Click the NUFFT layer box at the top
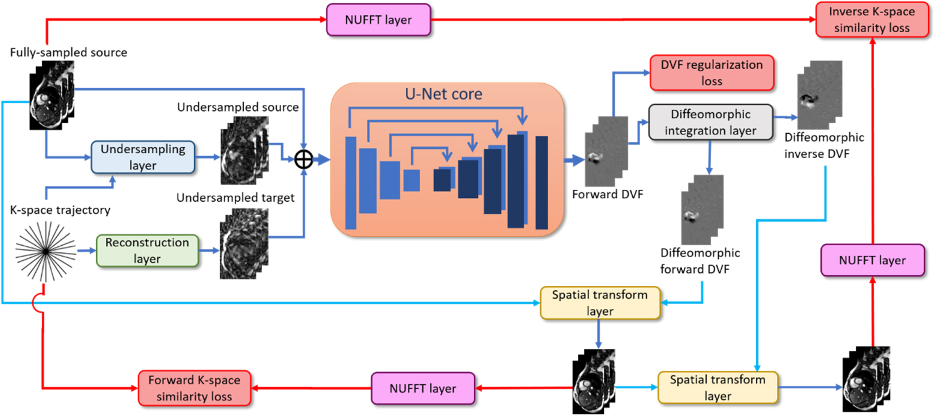pyautogui.click(x=378, y=20)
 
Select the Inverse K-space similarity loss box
pyautogui.click(x=871, y=20)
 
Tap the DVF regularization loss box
pyautogui.click(x=711, y=73)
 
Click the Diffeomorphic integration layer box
pyautogui.click(x=710, y=122)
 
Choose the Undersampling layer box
pyautogui.click(x=143, y=157)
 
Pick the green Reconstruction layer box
pyautogui.click(x=147, y=251)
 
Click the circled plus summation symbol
pyautogui.click(x=303, y=159)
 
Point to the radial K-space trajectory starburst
pyautogui.click(x=46, y=251)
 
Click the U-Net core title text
pyautogui.click(x=443, y=94)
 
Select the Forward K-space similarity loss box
pyautogui.click(x=194, y=388)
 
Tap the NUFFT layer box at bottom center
pyautogui.click(x=422, y=388)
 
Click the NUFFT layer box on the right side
pyautogui.click(x=872, y=260)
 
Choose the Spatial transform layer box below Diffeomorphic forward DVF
pyautogui.click(x=600, y=303)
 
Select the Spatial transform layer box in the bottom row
pyautogui.click(x=717, y=388)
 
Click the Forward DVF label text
pyautogui.click(x=607, y=195)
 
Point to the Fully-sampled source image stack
pyautogui.click(x=51, y=95)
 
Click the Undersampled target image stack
pyautogui.click(x=244, y=244)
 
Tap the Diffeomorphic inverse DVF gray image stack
pyautogui.click(x=819, y=95)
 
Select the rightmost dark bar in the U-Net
pyautogui.click(x=541, y=183)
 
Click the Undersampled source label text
pyautogui.click(x=238, y=107)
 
